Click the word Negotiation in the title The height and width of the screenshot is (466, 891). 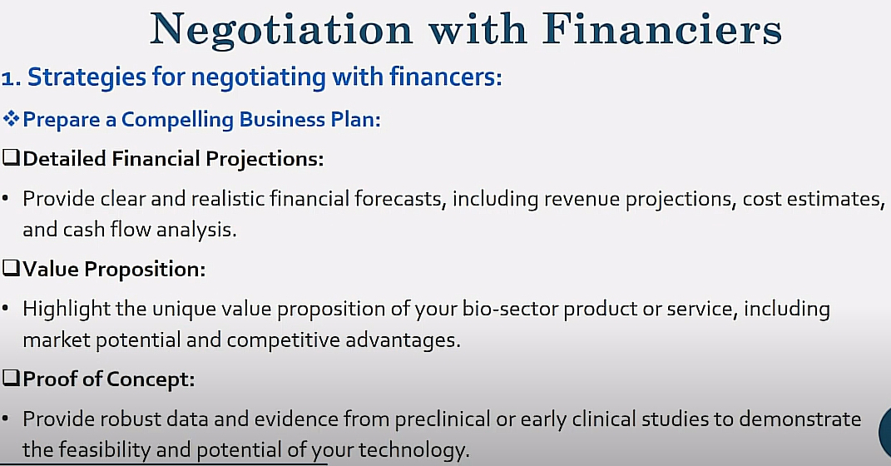(281, 30)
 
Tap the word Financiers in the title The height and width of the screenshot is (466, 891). (662, 27)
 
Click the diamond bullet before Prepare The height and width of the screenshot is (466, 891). (11, 119)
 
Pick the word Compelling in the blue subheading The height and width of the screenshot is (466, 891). (177, 120)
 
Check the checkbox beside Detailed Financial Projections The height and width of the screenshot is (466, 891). (11, 157)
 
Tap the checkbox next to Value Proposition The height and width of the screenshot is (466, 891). (11, 268)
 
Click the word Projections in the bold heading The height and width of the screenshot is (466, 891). (265, 159)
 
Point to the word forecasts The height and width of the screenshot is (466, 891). (400, 200)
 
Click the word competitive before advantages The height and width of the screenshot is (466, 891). (283, 340)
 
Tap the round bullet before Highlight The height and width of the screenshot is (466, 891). (5, 309)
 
